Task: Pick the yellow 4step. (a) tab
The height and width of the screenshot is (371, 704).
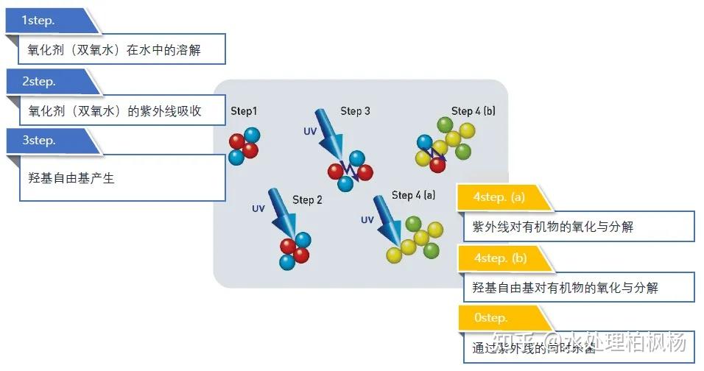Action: [501, 197]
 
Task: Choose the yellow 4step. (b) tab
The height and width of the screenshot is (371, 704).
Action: [501, 258]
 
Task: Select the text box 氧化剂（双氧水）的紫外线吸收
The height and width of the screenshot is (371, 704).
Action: [114, 112]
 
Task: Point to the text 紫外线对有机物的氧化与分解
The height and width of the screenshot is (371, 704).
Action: [552, 227]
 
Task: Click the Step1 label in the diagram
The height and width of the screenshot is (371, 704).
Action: [244, 111]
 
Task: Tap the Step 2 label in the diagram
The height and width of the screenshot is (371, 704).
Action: [307, 199]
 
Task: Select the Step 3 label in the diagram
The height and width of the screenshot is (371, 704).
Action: [355, 111]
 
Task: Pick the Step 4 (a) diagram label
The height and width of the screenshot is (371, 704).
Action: [413, 195]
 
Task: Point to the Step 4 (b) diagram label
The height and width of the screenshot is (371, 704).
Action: [473, 111]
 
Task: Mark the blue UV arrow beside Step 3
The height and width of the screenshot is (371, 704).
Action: [329, 132]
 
